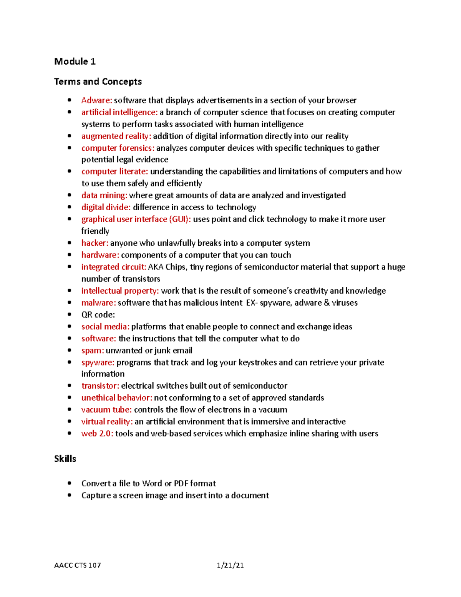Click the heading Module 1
[75, 62]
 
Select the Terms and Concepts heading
[98, 81]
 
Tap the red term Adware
[96, 100]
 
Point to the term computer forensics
[118, 148]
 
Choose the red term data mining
[104, 195]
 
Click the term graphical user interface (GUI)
[136, 219]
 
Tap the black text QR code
[98, 314]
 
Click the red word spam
[93, 351]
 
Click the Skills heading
[65, 459]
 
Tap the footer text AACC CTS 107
[78, 565]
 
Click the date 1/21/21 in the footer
[230, 565]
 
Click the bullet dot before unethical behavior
[70, 397]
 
